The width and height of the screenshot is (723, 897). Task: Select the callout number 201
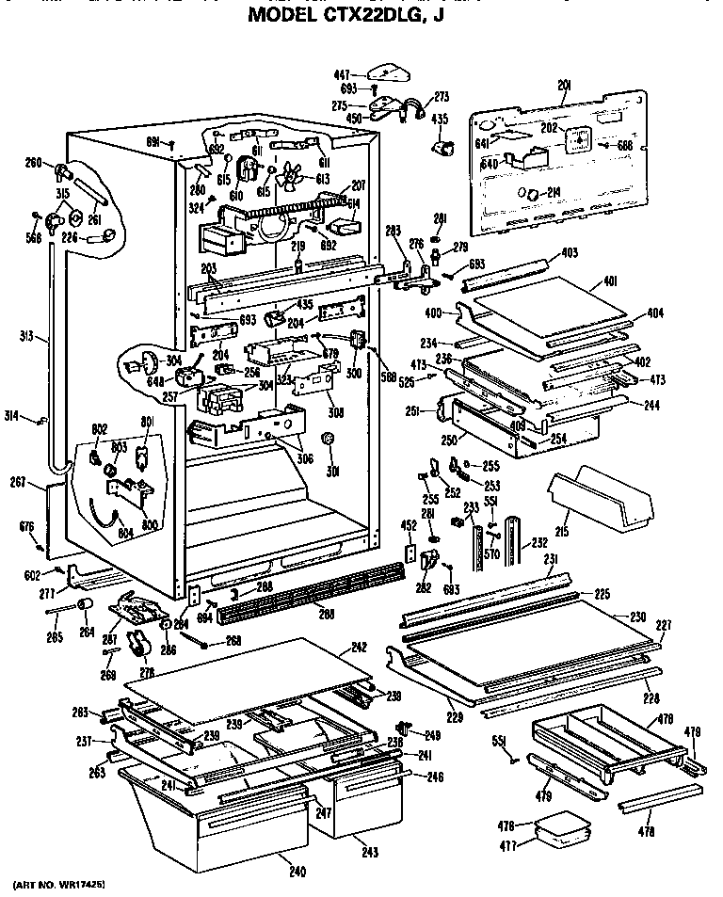565,86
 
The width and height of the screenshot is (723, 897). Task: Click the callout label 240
297,872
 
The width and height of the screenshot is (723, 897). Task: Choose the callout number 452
409,525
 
